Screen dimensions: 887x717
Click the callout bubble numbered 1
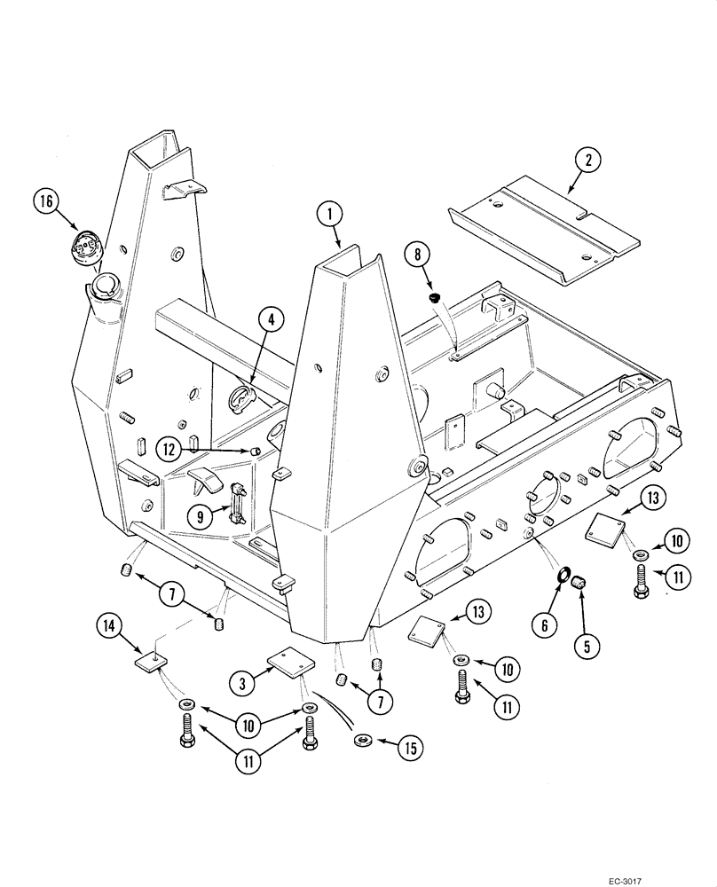(329, 213)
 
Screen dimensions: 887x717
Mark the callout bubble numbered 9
(199, 514)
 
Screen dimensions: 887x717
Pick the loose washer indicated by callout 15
(362, 739)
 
